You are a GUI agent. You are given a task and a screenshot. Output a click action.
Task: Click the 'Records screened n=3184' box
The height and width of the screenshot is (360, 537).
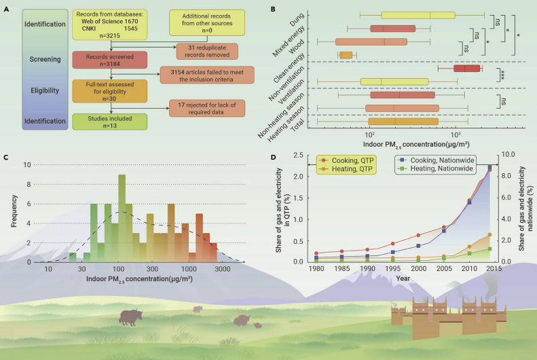(x=109, y=60)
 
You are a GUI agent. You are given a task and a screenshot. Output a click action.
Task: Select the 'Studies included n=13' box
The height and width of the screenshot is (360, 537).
(x=109, y=122)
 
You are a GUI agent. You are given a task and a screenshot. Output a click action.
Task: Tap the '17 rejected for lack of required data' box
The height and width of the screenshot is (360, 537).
(x=207, y=108)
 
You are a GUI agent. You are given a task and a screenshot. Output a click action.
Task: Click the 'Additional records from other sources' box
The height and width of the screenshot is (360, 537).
(x=207, y=22)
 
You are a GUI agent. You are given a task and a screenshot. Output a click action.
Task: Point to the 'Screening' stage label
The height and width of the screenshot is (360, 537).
(x=45, y=59)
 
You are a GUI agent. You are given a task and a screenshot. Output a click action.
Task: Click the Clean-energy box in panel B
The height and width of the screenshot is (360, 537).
(x=346, y=55)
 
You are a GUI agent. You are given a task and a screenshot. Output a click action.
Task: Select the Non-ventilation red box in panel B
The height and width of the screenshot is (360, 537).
(x=467, y=68)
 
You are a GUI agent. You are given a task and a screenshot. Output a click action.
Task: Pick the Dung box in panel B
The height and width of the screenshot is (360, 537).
(x=418, y=15)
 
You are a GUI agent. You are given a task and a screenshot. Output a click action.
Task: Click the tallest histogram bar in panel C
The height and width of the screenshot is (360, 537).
(x=122, y=219)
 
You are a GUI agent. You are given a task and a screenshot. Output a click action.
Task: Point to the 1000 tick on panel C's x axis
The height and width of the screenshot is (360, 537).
(x=189, y=269)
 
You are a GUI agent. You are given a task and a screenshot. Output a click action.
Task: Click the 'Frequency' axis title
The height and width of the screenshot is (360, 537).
(x=14, y=211)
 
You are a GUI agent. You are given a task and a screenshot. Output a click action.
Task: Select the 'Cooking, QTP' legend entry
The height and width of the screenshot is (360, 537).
(x=346, y=160)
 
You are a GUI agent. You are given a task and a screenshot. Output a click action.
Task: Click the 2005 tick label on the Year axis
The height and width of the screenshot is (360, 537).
(x=444, y=268)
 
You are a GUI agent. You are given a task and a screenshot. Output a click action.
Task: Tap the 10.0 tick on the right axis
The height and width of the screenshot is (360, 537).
(x=508, y=154)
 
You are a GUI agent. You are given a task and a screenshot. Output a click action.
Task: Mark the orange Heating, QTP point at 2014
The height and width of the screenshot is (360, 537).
(x=489, y=235)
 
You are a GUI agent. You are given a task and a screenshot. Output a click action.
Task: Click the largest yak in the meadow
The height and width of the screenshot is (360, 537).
(x=130, y=317)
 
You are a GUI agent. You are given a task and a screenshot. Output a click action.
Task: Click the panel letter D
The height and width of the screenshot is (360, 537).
(x=274, y=157)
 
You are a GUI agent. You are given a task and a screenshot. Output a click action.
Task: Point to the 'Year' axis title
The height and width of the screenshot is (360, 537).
(x=403, y=278)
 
